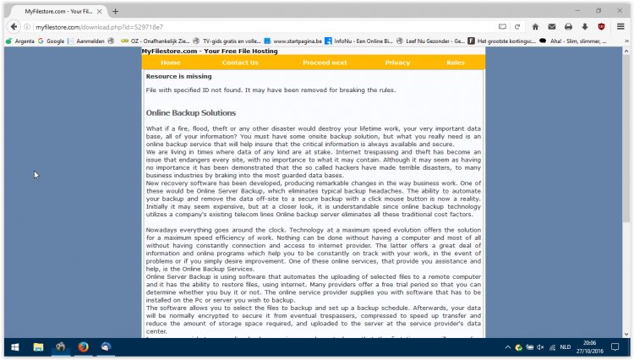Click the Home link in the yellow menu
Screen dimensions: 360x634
[x=170, y=63]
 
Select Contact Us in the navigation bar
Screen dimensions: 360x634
[x=240, y=63]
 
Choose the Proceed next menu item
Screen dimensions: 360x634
[x=325, y=63]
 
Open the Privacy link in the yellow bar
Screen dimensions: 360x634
[x=397, y=63]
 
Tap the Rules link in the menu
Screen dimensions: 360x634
[x=456, y=63]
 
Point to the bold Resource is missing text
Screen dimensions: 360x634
[x=178, y=76]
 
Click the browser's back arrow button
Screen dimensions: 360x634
[x=13, y=26]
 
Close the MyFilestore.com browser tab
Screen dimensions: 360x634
[x=100, y=10]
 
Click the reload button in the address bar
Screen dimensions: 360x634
[x=516, y=26]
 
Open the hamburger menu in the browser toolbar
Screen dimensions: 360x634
[x=620, y=26]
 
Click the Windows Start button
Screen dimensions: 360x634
[x=14, y=347]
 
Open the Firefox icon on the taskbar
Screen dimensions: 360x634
[x=83, y=347]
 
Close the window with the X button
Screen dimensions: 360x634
[x=620, y=10]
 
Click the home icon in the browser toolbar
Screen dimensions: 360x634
[x=534, y=26]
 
